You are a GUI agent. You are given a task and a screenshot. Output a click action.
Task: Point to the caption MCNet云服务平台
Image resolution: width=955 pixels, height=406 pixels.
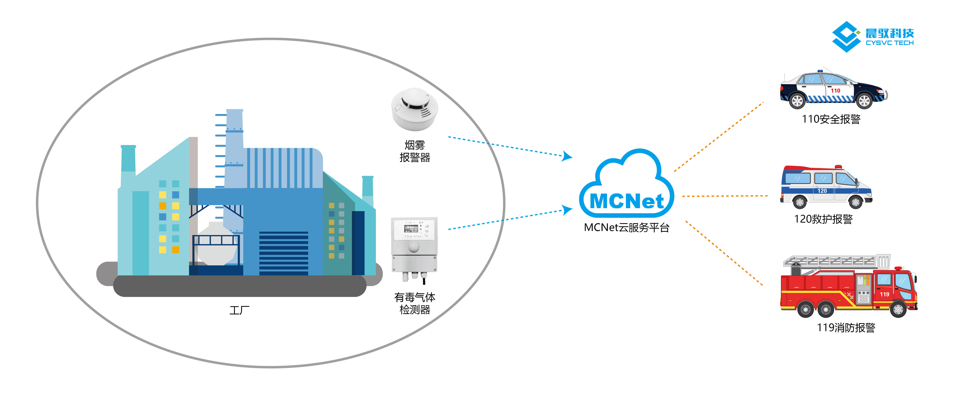627,227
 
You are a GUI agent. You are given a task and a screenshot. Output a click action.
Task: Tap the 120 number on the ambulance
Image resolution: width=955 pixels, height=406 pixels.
822,191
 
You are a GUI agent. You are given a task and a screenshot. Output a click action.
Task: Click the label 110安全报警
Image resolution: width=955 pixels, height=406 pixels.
831,119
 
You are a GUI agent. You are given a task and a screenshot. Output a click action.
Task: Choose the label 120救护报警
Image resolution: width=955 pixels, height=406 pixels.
823,219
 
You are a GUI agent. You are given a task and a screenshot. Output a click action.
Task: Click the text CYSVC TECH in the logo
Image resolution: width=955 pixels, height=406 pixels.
889,43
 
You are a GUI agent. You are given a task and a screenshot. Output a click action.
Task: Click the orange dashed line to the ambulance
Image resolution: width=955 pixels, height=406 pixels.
725,196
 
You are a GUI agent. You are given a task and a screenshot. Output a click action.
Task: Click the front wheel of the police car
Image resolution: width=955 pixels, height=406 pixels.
864,100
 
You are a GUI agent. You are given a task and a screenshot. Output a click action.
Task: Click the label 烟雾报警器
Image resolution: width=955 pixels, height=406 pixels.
414,151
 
